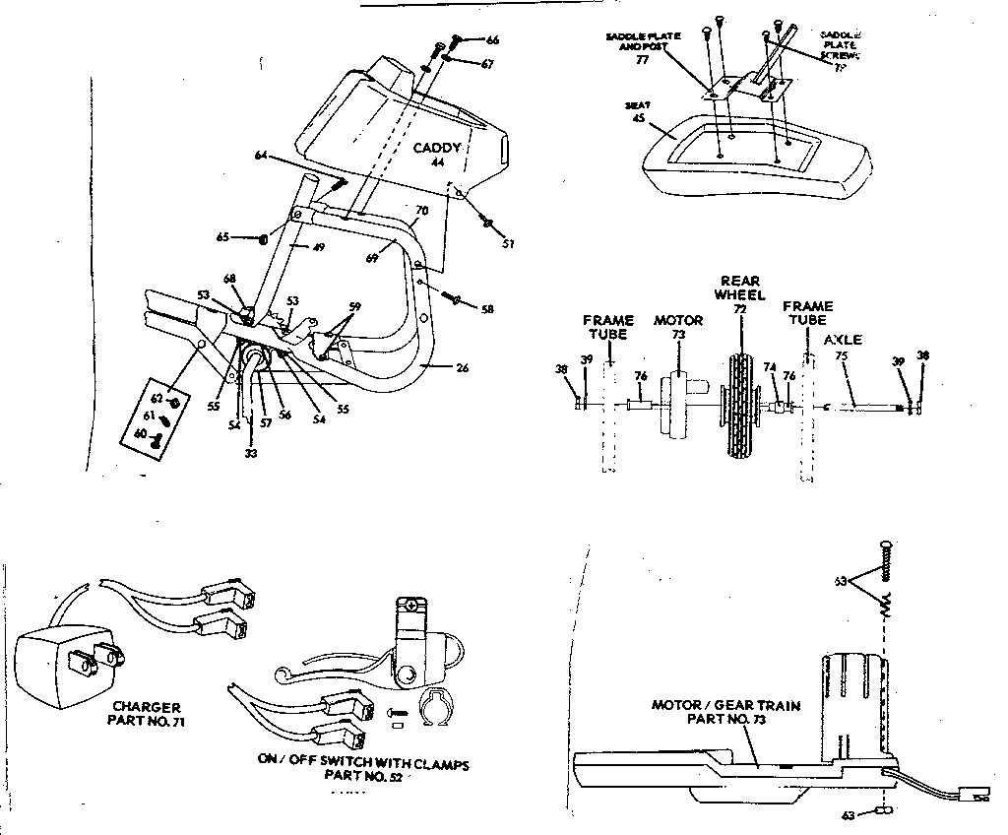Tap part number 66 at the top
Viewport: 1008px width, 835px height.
click(x=492, y=39)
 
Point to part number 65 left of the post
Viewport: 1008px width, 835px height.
click(x=222, y=237)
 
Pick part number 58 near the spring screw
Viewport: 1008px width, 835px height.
click(x=486, y=309)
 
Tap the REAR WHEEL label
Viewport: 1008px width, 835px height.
click(x=738, y=288)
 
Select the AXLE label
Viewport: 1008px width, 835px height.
click(x=843, y=339)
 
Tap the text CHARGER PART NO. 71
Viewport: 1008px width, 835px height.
click(x=147, y=714)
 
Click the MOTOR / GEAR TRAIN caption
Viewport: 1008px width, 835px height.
click(x=725, y=711)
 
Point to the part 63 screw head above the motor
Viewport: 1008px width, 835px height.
click(x=886, y=546)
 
